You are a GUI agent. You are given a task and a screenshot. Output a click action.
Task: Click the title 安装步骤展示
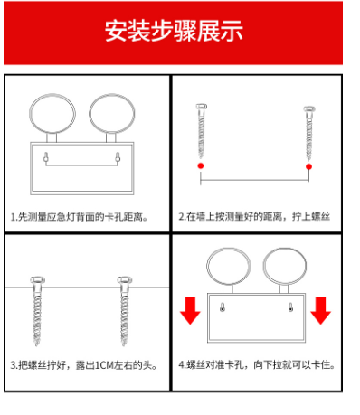[x=174, y=31]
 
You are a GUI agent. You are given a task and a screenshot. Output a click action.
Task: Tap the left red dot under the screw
[x=201, y=165]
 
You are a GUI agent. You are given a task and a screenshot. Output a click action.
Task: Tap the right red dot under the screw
[x=308, y=166]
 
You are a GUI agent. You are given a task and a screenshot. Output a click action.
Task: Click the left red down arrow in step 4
[x=190, y=310]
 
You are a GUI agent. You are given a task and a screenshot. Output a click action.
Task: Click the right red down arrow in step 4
[x=320, y=310]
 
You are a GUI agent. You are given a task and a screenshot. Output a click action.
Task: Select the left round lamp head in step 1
[x=52, y=94]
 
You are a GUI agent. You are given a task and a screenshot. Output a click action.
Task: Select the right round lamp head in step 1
[x=112, y=95]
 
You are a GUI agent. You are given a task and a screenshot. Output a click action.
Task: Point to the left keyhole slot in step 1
[x=46, y=158]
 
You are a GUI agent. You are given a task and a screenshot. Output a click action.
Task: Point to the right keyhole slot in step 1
[x=118, y=158]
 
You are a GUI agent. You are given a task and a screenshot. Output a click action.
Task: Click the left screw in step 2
[x=201, y=131]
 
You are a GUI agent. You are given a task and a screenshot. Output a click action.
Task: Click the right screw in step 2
[x=309, y=133]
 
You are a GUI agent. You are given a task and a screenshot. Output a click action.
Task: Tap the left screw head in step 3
[x=38, y=280]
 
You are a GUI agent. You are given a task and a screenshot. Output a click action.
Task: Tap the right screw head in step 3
[x=125, y=280]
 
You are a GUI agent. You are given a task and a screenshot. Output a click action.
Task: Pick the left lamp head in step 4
[x=229, y=249]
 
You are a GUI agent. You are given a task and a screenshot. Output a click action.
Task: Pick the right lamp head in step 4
[x=285, y=249]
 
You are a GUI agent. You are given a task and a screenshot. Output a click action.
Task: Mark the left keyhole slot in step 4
[x=223, y=307]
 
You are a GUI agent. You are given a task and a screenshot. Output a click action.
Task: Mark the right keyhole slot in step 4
[x=290, y=307]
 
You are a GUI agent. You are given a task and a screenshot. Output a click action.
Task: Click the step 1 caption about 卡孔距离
[x=79, y=217]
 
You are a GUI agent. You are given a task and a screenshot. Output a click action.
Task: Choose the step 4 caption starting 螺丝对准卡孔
[x=257, y=365]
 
